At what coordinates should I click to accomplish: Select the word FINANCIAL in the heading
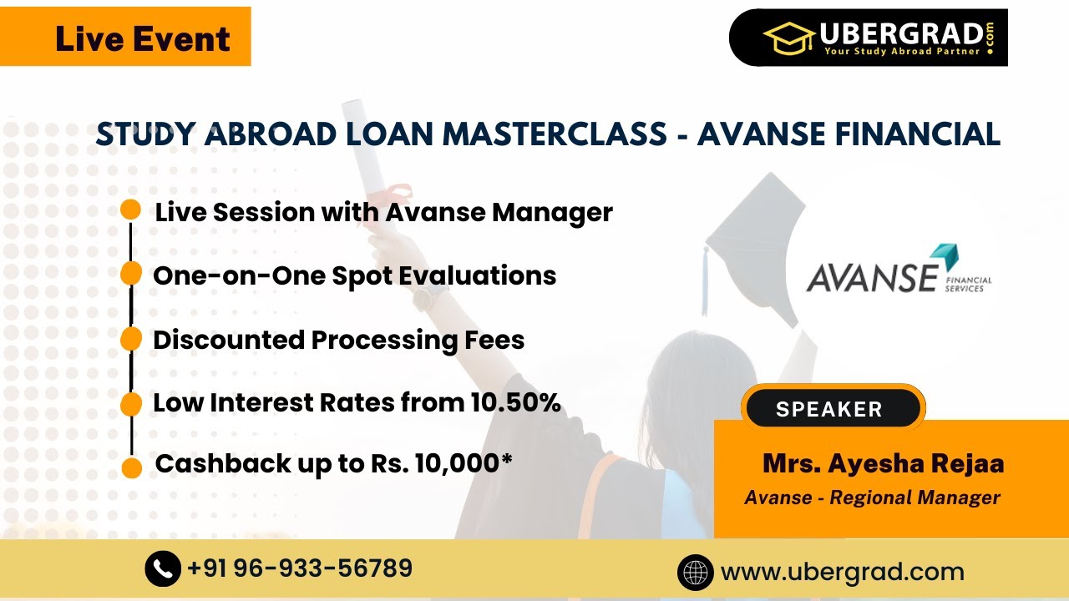[919, 134]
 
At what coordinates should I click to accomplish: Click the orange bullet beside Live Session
[130, 210]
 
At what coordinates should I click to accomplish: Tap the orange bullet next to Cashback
[131, 467]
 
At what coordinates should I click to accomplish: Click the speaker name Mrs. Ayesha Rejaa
[883, 463]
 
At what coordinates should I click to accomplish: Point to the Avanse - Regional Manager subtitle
[872, 497]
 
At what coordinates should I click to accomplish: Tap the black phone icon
[163, 569]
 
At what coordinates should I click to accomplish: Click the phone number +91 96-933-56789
[300, 568]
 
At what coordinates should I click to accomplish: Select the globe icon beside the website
[695, 573]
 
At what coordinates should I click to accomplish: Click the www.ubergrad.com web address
[842, 573]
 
